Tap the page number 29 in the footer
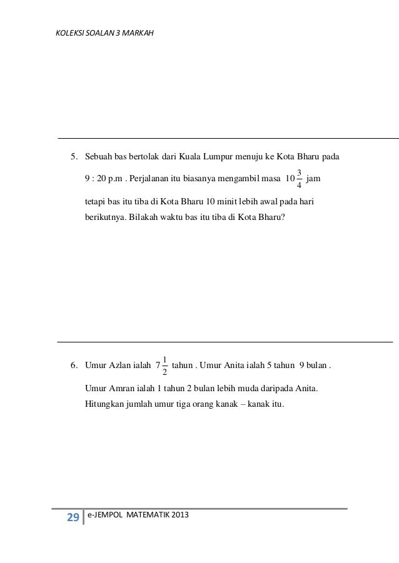pos(73,517)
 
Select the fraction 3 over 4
pos(300,178)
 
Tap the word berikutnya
pos(104,219)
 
